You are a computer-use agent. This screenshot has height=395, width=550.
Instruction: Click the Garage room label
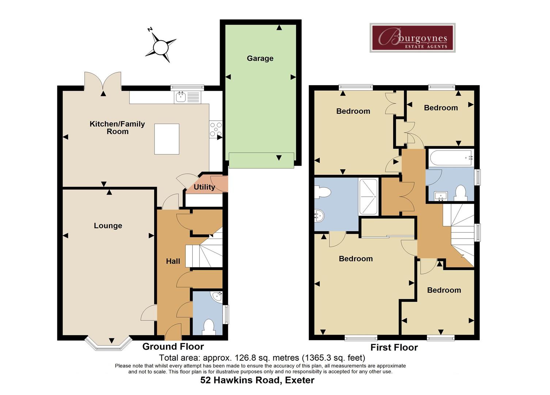click(x=260, y=59)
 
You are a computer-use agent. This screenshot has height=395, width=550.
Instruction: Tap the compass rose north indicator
click(x=150, y=29)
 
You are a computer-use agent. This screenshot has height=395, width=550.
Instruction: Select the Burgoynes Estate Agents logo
click(x=413, y=38)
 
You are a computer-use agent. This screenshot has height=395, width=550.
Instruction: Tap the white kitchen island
click(x=167, y=139)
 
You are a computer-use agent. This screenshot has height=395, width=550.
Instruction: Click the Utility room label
click(x=204, y=187)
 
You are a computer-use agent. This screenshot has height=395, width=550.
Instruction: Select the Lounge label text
click(x=108, y=226)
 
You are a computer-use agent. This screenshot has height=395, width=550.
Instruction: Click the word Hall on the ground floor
click(x=173, y=261)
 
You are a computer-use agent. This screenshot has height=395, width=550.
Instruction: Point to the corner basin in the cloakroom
click(x=217, y=296)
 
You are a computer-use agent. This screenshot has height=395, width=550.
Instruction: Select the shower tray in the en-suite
click(x=368, y=197)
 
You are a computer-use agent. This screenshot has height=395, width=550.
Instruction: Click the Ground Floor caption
click(x=173, y=347)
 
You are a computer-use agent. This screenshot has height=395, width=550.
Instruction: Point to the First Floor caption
click(x=394, y=347)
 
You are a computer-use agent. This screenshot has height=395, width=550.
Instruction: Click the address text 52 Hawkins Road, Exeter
click(x=257, y=380)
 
